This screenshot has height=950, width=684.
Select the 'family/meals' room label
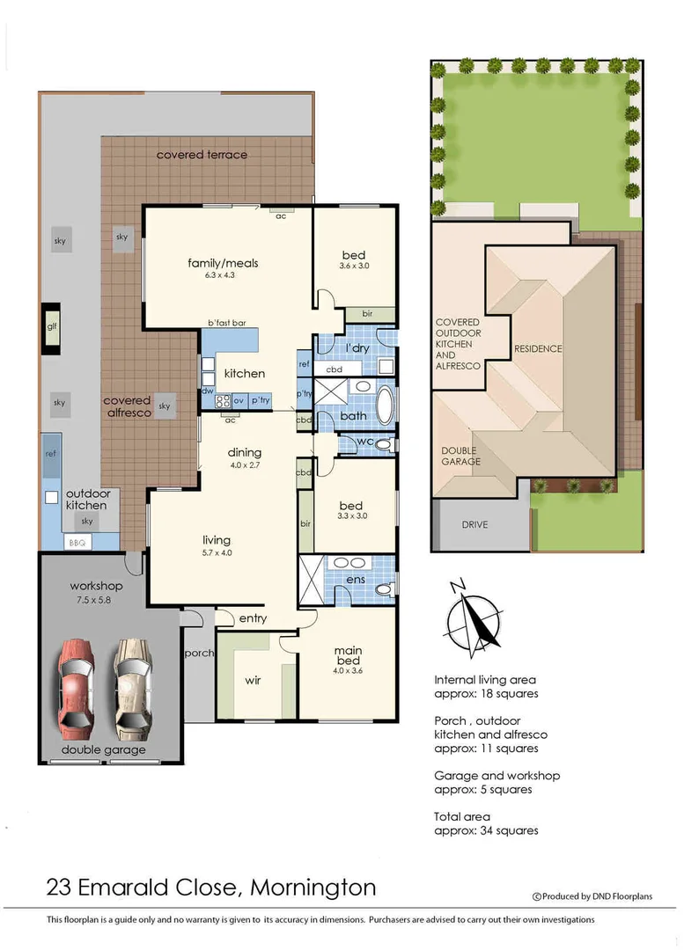point(223,263)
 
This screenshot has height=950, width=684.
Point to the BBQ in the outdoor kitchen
point(77,543)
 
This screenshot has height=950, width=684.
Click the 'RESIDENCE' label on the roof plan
point(538,348)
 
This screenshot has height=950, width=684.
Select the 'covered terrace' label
point(202,155)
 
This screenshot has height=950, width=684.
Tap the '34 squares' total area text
point(504,830)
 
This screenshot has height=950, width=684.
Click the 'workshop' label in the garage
point(96,586)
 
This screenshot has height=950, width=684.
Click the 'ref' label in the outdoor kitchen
point(51,452)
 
